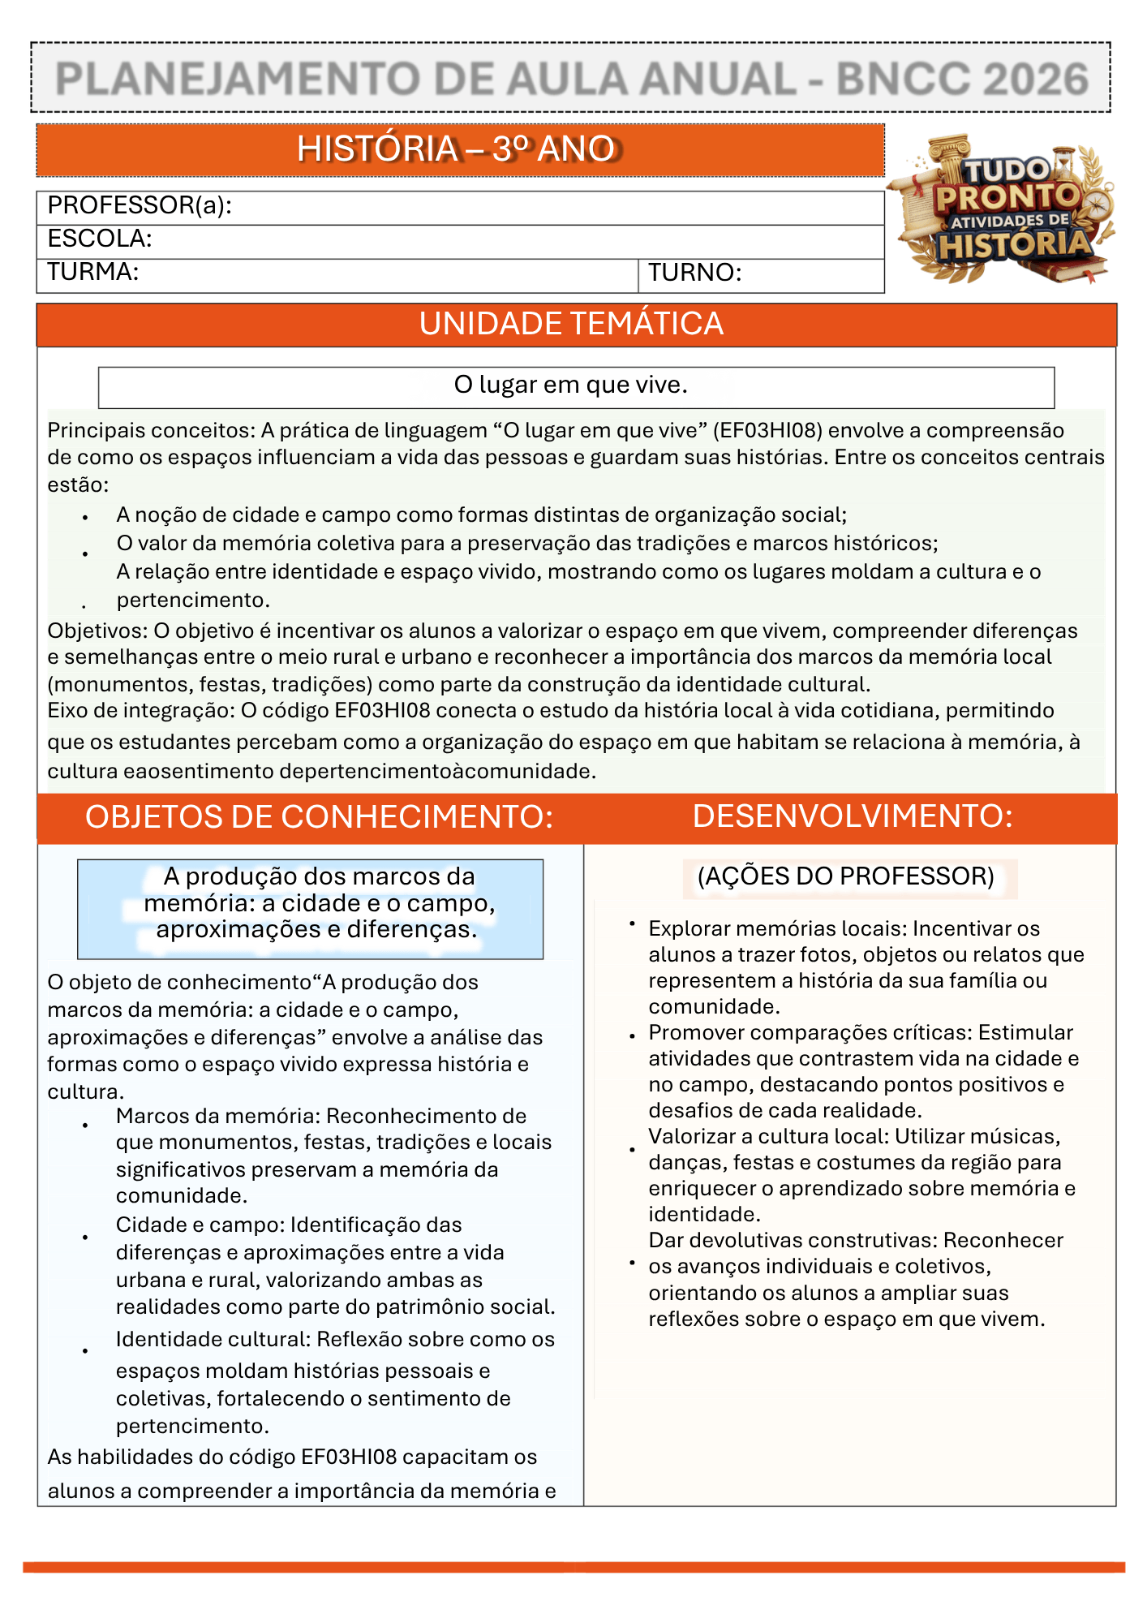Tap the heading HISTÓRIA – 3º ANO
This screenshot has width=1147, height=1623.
point(459,149)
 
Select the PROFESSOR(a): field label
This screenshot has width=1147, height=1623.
point(140,206)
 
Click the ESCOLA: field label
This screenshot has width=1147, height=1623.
point(100,239)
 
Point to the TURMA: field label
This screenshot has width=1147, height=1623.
point(92,272)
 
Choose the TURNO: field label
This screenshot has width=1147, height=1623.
point(694,273)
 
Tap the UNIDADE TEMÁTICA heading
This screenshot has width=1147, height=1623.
point(571,325)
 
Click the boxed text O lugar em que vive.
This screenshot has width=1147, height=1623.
point(571,385)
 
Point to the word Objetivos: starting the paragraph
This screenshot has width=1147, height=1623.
point(97,631)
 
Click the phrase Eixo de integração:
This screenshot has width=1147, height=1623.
point(141,710)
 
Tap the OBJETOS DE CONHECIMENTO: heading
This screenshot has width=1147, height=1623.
point(319,817)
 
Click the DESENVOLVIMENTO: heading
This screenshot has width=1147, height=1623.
point(853,816)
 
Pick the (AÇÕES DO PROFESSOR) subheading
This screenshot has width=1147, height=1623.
point(845,876)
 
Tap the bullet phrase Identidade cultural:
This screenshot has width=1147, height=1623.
point(213,1339)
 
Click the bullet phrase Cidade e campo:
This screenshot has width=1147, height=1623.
point(200,1225)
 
